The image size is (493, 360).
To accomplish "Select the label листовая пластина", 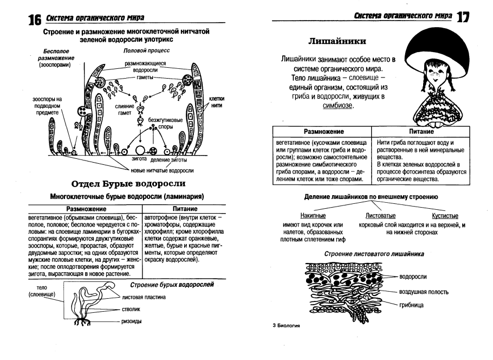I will pyautogui.click(x=144, y=297).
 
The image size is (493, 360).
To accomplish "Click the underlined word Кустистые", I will pyautogui.click(x=445, y=216).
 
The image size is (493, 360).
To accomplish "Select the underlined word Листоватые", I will pyautogui.click(x=380, y=216).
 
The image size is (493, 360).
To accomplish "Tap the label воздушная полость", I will pyautogui.click(x=424, y=292).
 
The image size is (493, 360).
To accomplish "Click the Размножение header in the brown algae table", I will pyautogui.click(x=86, y=209).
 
